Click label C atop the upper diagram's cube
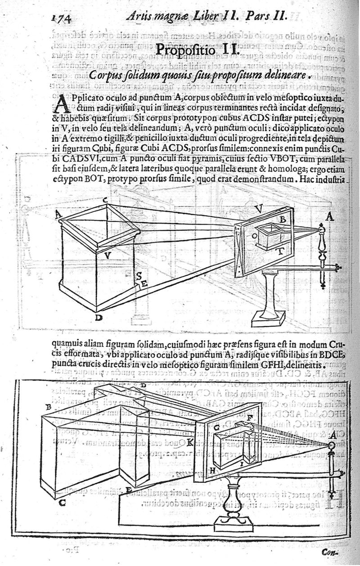tap(104, 199)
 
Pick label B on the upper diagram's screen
tap(283, 220)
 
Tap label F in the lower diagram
tap(250, 412)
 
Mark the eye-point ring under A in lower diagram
tap(332, 445)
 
